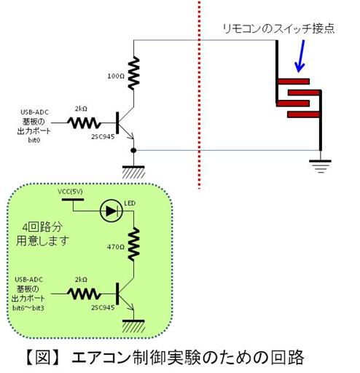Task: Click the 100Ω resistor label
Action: click(x=116, y=76)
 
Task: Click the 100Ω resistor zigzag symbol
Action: click(x=134, y=74)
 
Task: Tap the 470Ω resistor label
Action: click(x=116, y=247)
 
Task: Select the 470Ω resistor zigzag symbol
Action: click(x=134, y=244)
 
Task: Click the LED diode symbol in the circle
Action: click(x=111, y=211)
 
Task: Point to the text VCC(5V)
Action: click(x=70, y=192)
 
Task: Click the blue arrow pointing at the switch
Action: click(x=300, y=56)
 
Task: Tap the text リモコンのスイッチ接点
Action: click(x=278, y=28)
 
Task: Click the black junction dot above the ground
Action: click(x=133, y=151)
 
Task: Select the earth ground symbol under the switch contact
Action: click(x=320, y=166)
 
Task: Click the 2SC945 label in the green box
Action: click(x=103, y=307)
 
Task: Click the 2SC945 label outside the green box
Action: click(x=103, y=136)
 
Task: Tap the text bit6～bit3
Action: click(x=28, y=308)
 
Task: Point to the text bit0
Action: click(x=34, y=140)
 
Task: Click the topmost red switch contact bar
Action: click(x=293, y=82)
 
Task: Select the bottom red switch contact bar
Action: click(x=303, y=114)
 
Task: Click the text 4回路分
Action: click(x=42, y=227)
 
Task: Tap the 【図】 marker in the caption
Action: click(x=42, y=358)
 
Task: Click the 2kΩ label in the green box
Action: click(x=81, y=280)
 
